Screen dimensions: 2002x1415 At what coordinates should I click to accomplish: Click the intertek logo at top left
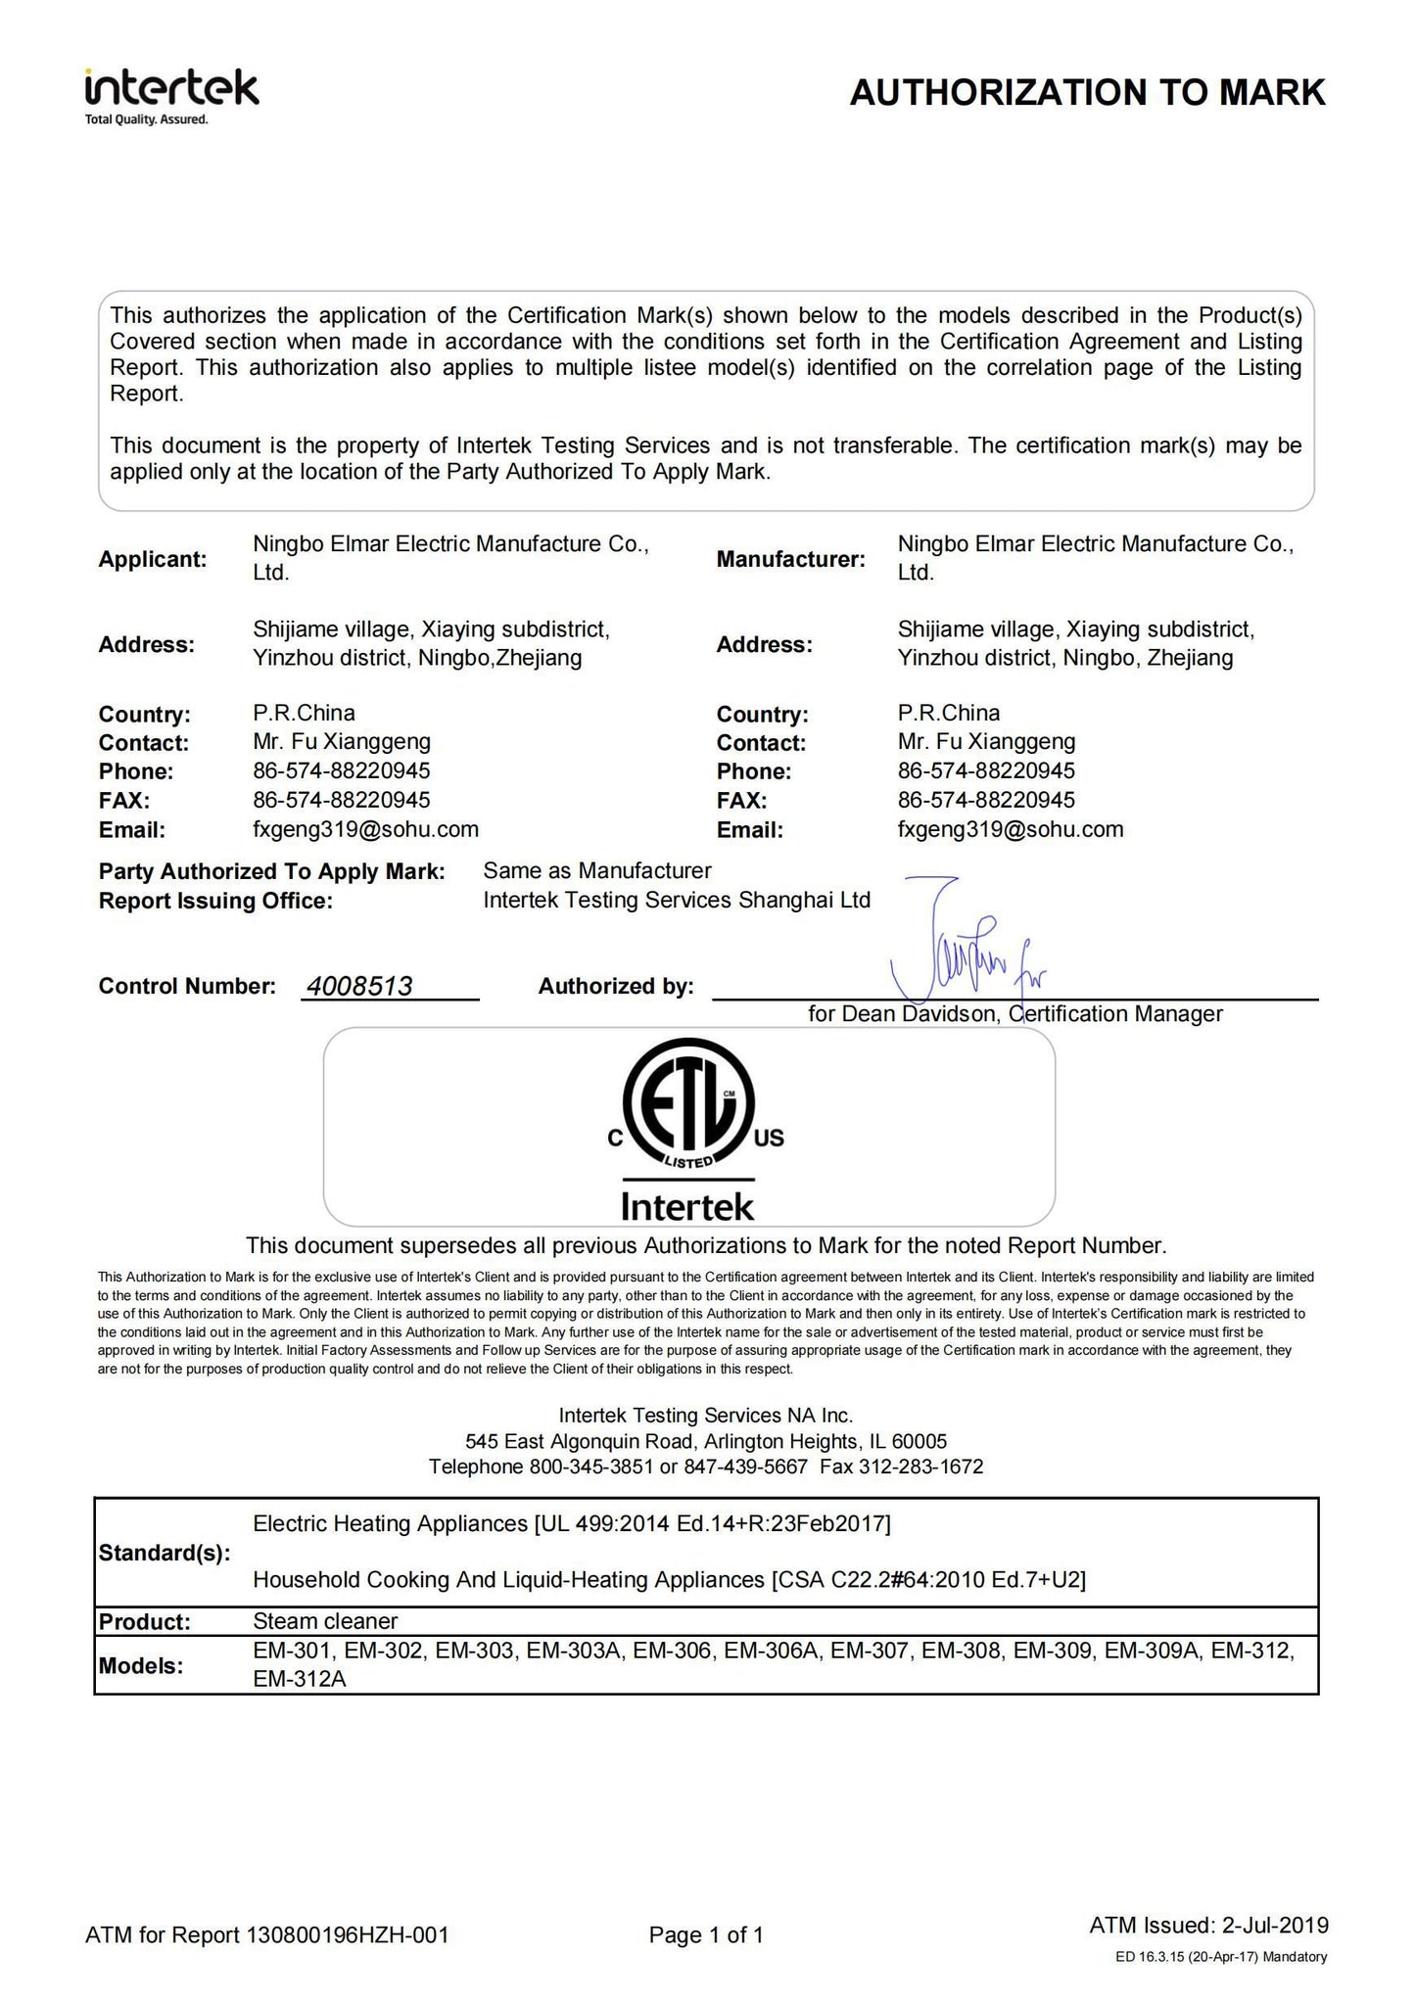171,94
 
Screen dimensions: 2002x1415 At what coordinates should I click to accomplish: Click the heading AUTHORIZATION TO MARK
1087,93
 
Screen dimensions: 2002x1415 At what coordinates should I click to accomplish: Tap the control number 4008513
359,986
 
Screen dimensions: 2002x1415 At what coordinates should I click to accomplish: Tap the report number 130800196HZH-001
349,1934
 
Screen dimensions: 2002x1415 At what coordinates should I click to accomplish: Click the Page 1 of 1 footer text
706,1934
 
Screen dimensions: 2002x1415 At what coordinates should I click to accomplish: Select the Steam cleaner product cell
325,1620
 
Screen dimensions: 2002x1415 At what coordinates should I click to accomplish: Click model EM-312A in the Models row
300,1679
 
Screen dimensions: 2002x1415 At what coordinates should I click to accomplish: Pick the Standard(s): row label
165,1554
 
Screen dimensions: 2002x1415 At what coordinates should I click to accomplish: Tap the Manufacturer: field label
791,560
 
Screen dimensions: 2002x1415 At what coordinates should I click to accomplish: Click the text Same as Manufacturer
596,870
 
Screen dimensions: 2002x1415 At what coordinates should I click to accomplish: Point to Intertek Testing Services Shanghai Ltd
677,900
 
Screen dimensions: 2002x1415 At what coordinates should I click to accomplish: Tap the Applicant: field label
153,560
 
